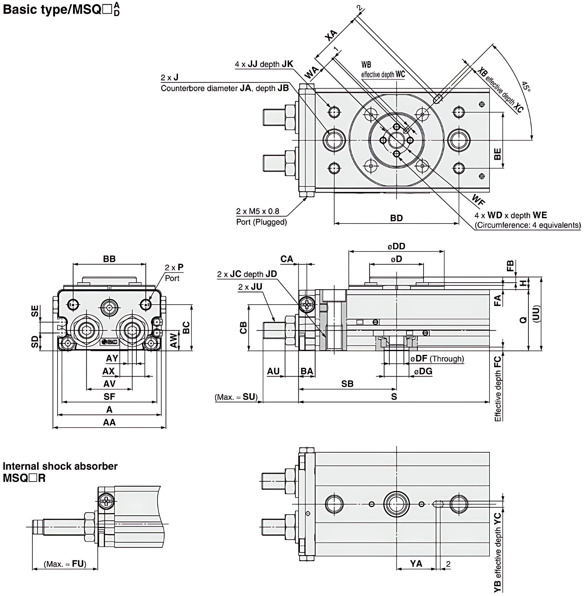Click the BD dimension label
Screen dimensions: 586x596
click(396, 218)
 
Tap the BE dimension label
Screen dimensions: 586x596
click(497, 154)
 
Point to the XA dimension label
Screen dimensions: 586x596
click(331, 35)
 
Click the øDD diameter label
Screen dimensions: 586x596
click(396, 246)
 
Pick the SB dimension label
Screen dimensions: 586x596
click(347, 384)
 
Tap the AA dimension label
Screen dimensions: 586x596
click(109, 422)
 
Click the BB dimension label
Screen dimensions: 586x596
click(109, 259)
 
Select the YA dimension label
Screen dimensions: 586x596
click(416, 564)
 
